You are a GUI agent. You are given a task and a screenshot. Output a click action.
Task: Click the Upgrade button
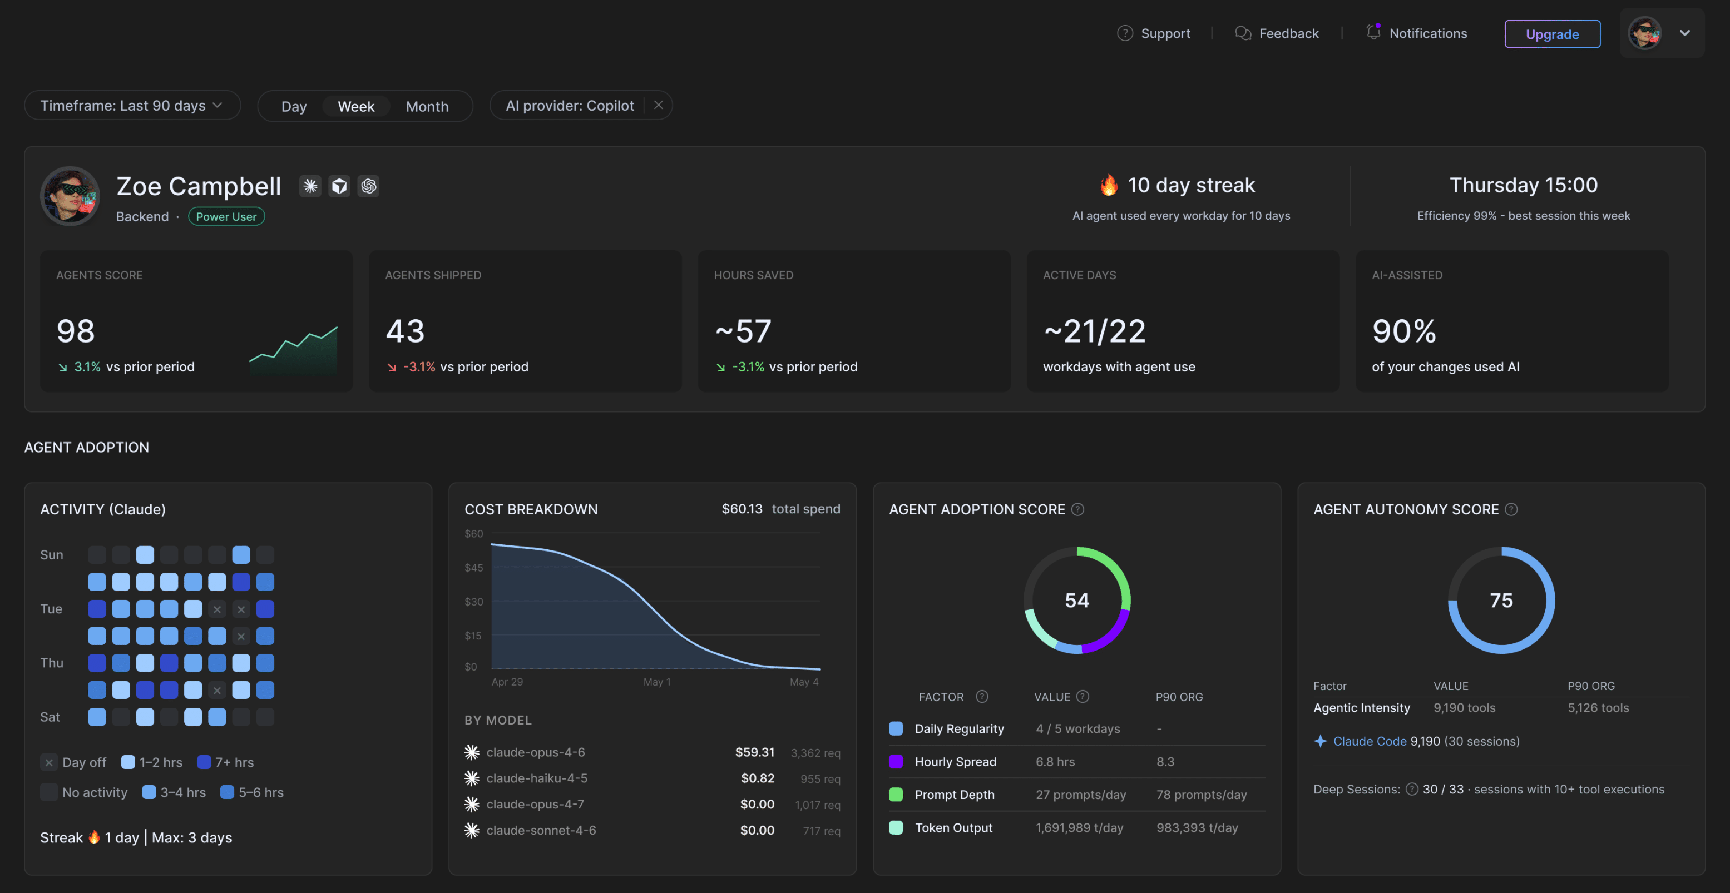[x=1552, y=33]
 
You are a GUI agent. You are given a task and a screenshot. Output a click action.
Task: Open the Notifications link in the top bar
[x=1416, y=33]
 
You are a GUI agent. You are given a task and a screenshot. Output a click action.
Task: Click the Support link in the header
[x=1153, y=33]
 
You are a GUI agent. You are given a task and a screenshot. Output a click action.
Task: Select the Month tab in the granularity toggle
[x=427, y=106]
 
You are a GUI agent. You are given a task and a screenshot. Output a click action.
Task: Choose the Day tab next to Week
[x=294, y=106]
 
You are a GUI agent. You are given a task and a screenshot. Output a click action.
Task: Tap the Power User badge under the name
[x=226, y=216]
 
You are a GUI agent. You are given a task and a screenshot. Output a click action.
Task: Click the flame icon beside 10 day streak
[x=1109, y=185]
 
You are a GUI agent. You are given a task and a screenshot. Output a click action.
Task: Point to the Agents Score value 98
[x=76, y=331]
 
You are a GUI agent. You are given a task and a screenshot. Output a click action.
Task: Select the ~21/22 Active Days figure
[x=1094, y=331]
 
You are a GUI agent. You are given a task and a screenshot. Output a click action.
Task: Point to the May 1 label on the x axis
[x=657, y=682]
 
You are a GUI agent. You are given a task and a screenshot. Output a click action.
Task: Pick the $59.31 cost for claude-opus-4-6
[x=755, y=752]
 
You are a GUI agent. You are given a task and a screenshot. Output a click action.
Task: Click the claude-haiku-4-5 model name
[x=537, y=778]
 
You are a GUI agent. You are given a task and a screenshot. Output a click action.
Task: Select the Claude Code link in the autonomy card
[x=1370, y=741]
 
